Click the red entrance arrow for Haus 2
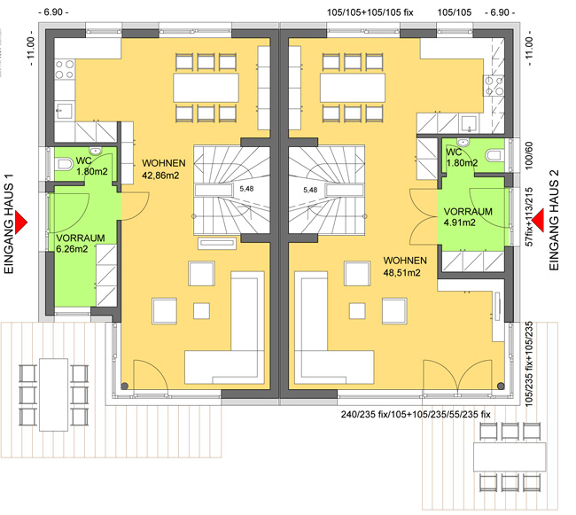pos(539,221)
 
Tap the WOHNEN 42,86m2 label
pos(163,169)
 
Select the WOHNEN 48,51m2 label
pos(405,267)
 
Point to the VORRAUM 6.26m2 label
pos(80,243)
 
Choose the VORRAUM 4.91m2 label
pos(468,217)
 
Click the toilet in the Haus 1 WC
pos(64,164)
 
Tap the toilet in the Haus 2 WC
pos(494,155)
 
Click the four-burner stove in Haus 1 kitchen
pos(65,69)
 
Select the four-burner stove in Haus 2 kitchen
pos(494,86)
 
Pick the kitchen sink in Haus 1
pos(64,110)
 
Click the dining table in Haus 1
pos(206,88)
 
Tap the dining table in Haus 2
pos(353,88)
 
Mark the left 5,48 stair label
pos(246,189)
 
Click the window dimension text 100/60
pos(529,156)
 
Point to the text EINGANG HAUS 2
pos(554,220)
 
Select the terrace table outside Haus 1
pos(54,394)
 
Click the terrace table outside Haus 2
pos(510,457)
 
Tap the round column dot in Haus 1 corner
pos(125,386)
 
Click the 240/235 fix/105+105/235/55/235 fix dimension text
pos(416,414)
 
